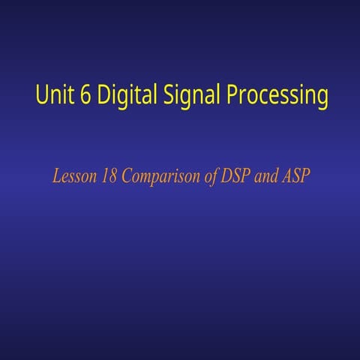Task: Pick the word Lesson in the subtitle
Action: point(73,178)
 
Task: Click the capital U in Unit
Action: point(40,96)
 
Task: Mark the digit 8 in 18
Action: point(109,178)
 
